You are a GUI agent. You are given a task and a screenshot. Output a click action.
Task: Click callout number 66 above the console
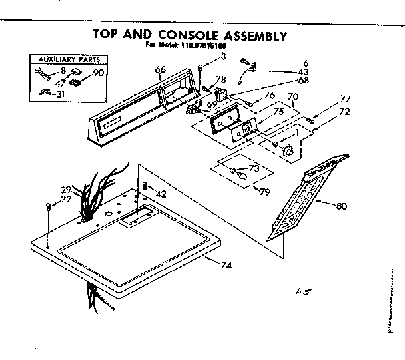160,69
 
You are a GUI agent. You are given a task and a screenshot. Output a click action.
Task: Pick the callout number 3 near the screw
224,57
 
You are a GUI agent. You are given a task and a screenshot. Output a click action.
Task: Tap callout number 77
345,99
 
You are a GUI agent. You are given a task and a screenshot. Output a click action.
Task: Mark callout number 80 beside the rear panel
342,206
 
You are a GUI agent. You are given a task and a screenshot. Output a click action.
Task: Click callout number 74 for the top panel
226,266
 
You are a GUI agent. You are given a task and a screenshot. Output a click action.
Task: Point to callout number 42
161,193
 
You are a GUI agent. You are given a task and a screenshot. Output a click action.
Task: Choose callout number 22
66,199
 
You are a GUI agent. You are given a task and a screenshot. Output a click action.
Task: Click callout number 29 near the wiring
66,190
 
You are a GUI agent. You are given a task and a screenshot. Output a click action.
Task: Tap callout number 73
254,168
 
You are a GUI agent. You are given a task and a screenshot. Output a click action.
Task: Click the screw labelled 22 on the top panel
49,207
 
